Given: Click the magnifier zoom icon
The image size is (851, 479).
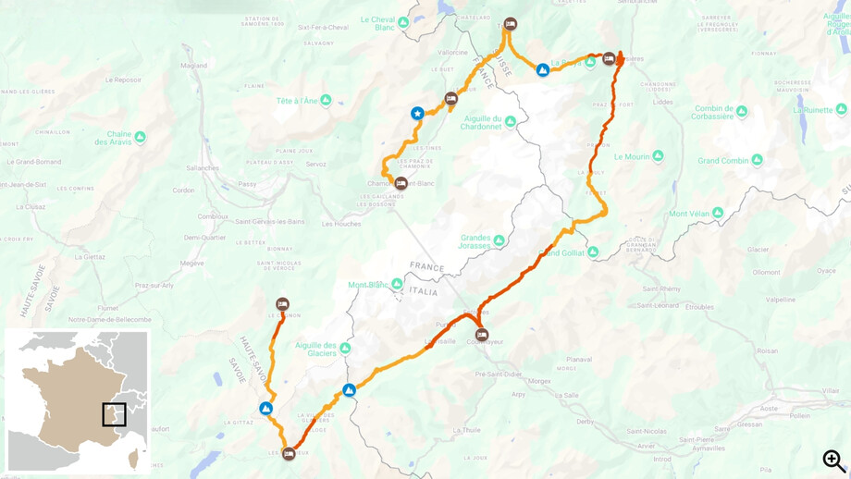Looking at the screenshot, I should coord(833,460).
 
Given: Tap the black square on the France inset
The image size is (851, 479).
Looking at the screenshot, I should coord(114,414).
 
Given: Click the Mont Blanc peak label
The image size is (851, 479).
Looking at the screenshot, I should coord(368,285).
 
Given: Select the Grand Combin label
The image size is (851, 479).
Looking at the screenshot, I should coord(723,161).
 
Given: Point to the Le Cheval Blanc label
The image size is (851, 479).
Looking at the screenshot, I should coord(377,23).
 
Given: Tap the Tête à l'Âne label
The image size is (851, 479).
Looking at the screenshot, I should coord(296,101).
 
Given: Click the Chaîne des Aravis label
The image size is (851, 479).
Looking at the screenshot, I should coord(113,138).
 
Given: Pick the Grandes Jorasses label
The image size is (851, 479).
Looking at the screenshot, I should coord(475,241).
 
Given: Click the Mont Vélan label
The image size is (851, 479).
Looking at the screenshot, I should coord(689,214).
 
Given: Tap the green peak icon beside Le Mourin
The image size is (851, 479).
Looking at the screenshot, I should coord(658,156).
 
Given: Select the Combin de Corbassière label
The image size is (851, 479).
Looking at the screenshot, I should coord(713,112).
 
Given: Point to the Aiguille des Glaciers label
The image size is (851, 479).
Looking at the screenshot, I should coord(315,349).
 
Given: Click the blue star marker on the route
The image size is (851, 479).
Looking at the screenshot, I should coord(417,114).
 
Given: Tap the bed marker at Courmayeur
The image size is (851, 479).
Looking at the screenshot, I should coord(481,335).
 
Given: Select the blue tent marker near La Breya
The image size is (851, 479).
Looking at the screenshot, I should coord(543,70).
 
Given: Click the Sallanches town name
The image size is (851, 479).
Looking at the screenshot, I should coord(203,167).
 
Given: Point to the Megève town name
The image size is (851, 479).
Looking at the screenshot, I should coord(191,263).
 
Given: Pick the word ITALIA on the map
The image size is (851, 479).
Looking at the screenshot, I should coord(424,291).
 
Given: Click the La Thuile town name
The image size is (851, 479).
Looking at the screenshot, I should coord(467,430).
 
